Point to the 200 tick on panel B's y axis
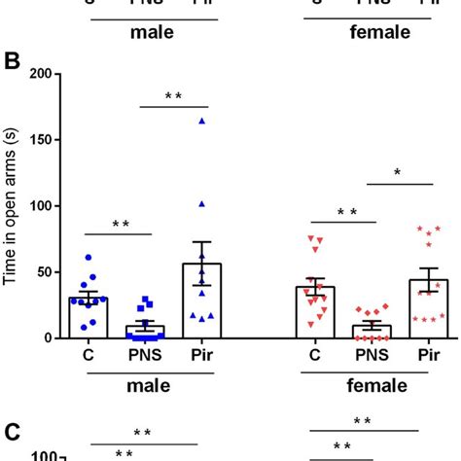tap(39, 74)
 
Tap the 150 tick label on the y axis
tap(39, 140)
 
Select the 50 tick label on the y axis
tap(43, 272)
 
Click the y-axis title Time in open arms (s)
tap(11, 206)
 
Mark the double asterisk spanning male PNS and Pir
tap(174, 96)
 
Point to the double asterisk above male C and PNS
tap(121, 225)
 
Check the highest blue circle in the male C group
tap(88, 258)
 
